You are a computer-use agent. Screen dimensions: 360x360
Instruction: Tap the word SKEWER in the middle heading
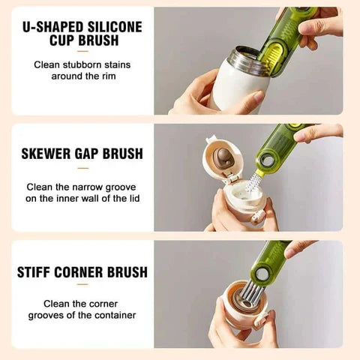[x=49, y=153]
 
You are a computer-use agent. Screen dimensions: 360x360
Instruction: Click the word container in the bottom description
[x=110, y=315]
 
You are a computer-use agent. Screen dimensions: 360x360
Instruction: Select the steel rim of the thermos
[x=244, y=58]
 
